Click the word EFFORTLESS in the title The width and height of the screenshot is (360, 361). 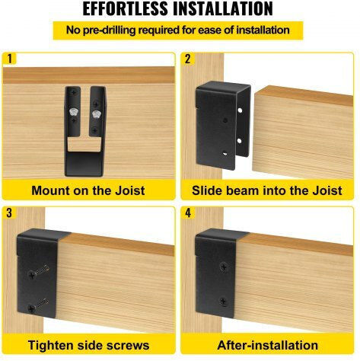pos(126,8)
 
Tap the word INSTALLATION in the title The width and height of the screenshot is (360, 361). pos(223,8)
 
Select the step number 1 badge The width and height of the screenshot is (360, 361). pos(9,59)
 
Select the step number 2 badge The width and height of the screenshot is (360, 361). pos(188,59)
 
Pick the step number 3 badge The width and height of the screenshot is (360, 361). pos(9,212)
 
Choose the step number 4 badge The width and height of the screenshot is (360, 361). pos(188,212)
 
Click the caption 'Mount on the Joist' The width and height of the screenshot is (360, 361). pos(88,190)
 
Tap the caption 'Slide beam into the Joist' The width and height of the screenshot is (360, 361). pos(267,190)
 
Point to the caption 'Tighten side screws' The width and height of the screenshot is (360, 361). pos(88,345)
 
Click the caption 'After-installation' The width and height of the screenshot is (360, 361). pos(268,345)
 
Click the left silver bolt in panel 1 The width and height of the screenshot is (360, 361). pos(73,112)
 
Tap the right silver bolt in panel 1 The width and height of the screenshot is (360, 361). pos(96,114)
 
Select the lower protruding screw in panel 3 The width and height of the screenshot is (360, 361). pos(38,305)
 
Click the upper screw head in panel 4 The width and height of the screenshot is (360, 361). pos(224,267)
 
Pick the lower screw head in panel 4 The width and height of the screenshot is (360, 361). pos(223,302)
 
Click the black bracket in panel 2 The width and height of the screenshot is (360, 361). pos(222,126)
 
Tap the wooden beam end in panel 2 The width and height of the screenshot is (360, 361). pos(303,132)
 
